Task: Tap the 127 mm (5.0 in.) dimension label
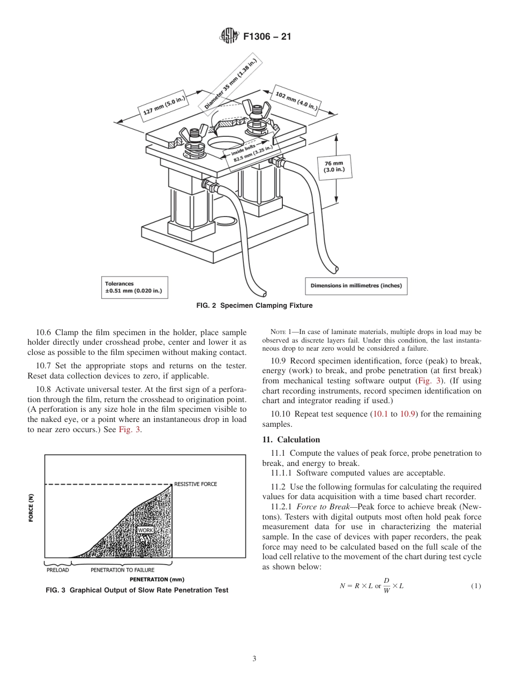click(164, 106)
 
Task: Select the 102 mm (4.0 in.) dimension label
click(296, 101)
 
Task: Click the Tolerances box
click(134, 287)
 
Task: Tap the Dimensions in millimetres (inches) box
click(356, 285)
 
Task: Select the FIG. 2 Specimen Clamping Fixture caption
click(254, 306)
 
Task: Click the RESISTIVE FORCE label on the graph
click(196, 484)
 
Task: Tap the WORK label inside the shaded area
click(145, 530)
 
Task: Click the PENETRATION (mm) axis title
click(157, 580)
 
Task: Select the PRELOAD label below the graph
click(57, 570)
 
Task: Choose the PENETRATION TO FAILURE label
click(122, 570)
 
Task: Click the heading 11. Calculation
click(291, 440)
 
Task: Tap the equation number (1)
click(476, 586)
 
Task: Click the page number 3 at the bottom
click(254, 659)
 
